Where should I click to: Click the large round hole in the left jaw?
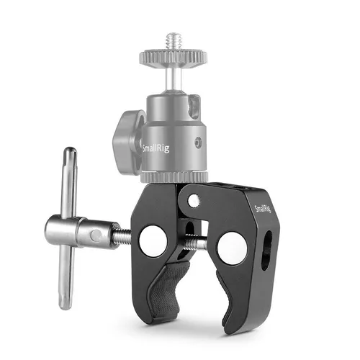coord(153,240)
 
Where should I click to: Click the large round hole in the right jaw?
coord(232,248)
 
